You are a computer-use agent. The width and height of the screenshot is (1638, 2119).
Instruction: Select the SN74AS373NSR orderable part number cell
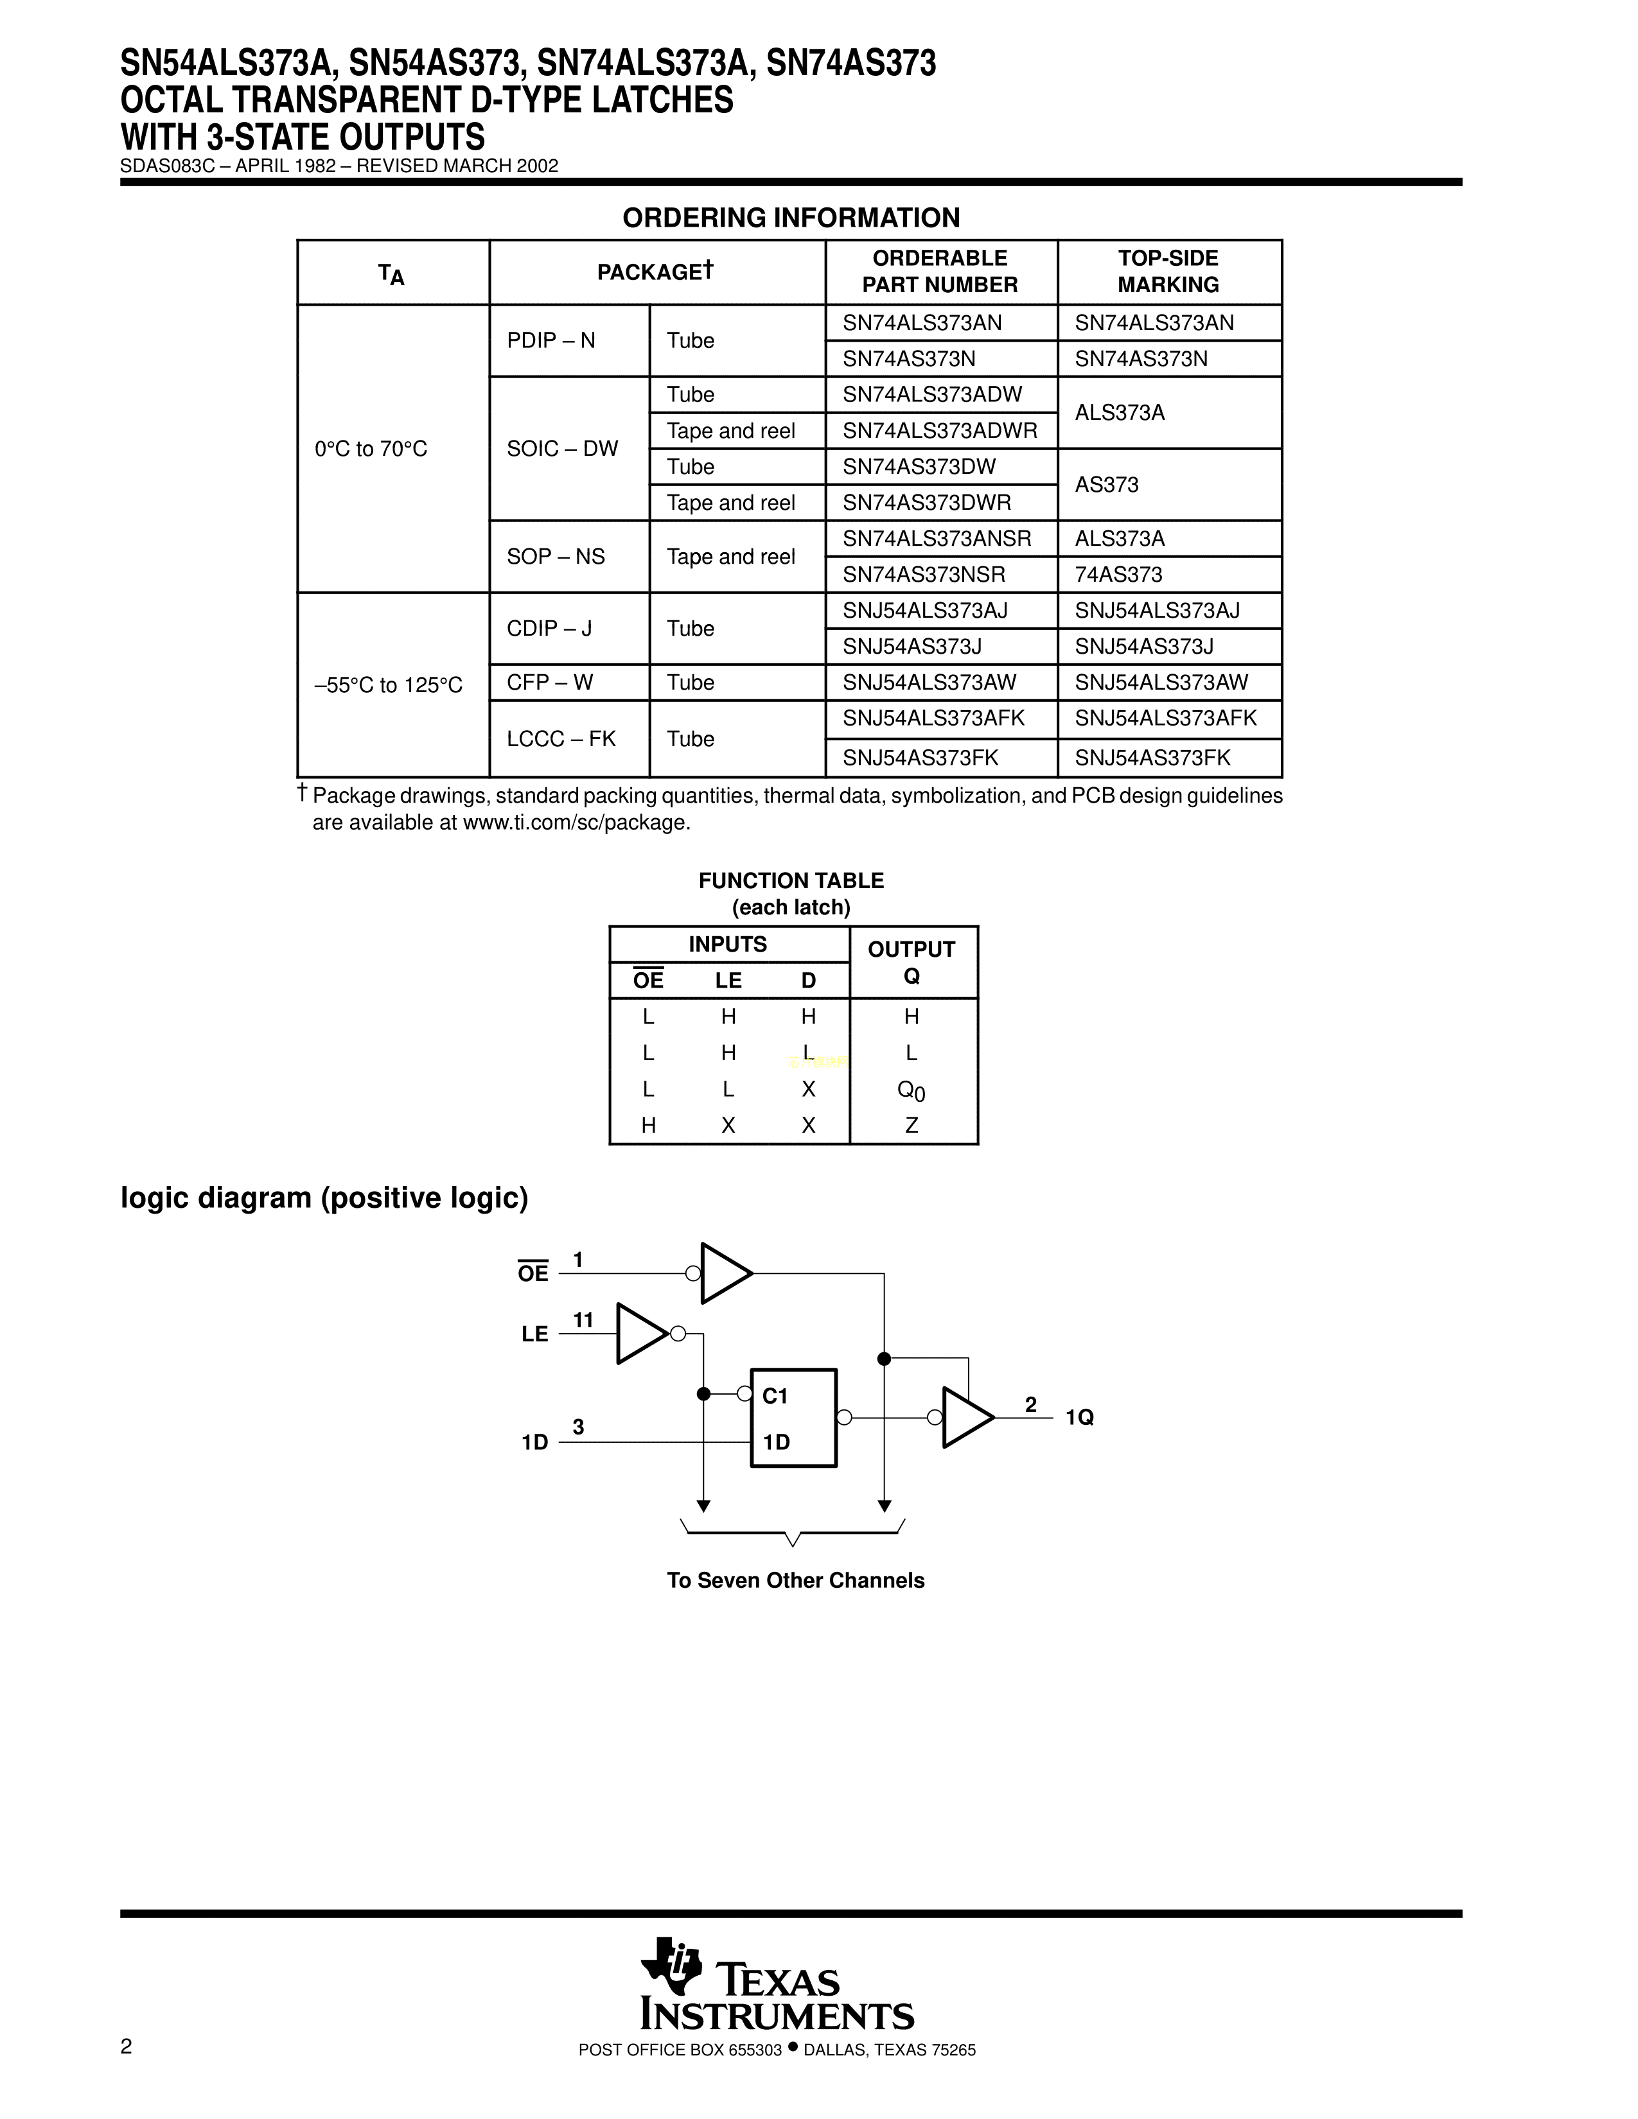click(x=923, y=575)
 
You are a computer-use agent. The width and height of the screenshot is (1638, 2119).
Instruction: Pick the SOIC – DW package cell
click(x=562, y=448)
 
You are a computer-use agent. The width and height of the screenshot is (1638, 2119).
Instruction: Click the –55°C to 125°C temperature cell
click(x=388, y=685)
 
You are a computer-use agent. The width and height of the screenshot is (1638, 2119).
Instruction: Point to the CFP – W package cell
click(x=549, y=682)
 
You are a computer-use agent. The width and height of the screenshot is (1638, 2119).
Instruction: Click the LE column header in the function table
click(x=728, y=981)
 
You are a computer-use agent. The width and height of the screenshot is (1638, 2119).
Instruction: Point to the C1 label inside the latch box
click(x=775, y=1396)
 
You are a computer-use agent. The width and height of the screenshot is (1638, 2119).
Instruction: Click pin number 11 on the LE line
click(x=582, y=1320)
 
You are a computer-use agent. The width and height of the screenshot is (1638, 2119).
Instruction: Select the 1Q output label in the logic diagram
click(x=1079, y=1418)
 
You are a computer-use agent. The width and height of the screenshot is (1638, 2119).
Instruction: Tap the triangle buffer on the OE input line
click(x=723, y=1273)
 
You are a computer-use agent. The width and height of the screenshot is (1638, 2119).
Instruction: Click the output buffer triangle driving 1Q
click(x=965, y=1418)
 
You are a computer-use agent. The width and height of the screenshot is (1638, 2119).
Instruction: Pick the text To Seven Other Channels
click(x=795, y=1580)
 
